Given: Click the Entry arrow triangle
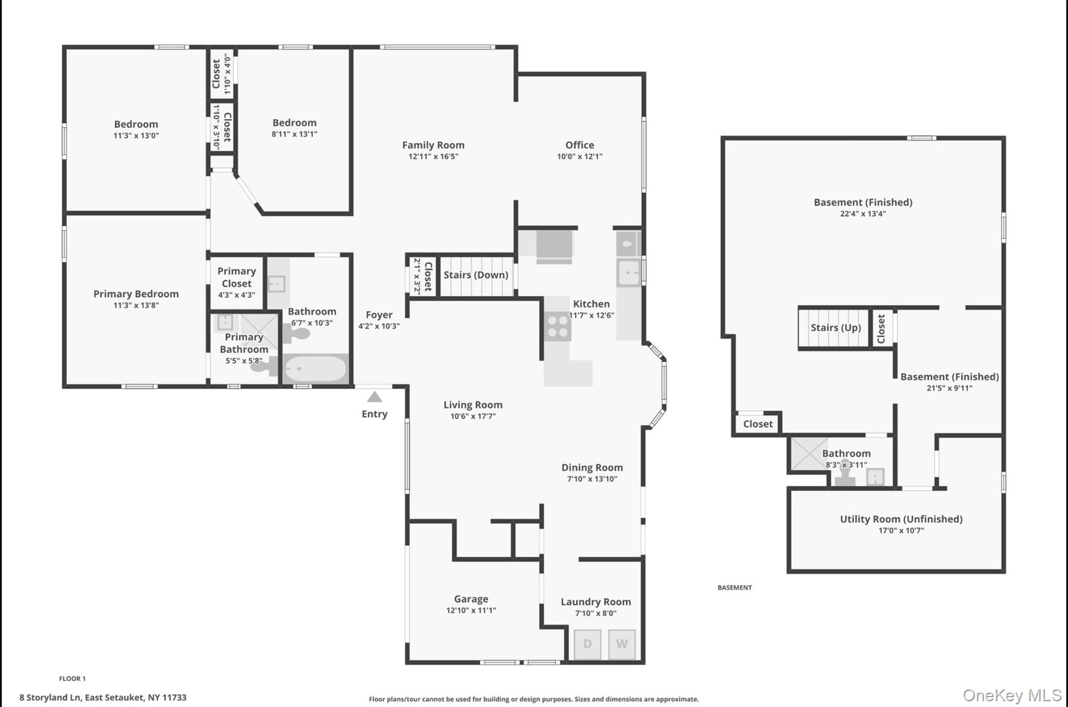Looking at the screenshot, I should pos(374,397).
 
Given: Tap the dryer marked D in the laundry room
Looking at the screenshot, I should pos(587,644).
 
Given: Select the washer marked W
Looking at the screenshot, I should pos(622,644).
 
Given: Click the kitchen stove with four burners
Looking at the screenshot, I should pos(557,326).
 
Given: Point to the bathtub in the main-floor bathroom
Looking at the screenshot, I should pos(315,369).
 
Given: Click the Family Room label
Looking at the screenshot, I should pos(433,145).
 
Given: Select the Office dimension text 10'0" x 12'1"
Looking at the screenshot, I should pos(579,156).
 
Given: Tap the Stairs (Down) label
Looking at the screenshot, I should pos(476,275).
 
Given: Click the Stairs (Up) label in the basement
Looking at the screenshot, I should pos(835,328).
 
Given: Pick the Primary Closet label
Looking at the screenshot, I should pos(236,277).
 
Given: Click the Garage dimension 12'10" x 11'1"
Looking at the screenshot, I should pos(471,610).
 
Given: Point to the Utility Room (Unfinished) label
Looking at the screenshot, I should pos(901,519).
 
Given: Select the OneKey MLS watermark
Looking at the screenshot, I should pos(1011,695).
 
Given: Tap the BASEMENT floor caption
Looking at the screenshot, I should pos(734,588).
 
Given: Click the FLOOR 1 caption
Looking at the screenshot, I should pos(72,678).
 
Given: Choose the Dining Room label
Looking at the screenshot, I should pos(592,468).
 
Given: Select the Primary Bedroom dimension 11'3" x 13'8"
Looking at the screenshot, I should pos(136,305).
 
